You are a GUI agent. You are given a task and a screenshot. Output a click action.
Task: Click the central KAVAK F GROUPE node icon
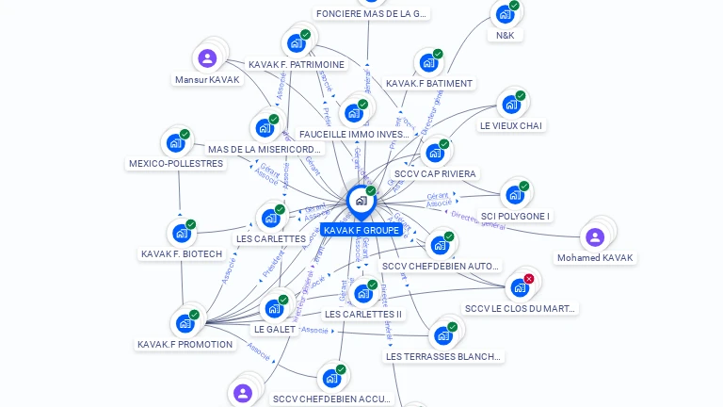(x=361, y=201)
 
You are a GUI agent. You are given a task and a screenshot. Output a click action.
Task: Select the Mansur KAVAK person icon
(x=207, y=58)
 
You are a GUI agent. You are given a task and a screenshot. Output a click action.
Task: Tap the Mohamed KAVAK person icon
(x=594, y=237)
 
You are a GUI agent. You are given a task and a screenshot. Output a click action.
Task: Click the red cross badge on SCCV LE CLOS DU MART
(x=529, y=279)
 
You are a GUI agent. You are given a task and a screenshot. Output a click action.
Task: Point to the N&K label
(x=506, y=36)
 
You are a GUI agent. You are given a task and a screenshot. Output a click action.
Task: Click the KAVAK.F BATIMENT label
(x=429, y=84)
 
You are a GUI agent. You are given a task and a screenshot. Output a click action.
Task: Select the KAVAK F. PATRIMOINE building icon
(x=296, y=43)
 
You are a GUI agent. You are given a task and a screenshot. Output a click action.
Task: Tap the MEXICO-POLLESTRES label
(x=176, y=164)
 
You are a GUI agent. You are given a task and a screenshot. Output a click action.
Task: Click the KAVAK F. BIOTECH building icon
(x=180, y=233)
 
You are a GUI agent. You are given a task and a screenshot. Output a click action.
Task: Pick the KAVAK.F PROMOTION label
(x=185, y=345)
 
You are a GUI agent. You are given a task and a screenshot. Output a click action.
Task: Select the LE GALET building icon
(x=273, y=308)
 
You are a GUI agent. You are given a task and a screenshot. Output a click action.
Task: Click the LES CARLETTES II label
(x=362, y=315)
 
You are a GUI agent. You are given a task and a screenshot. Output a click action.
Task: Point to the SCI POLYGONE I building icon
(x=514, y=195)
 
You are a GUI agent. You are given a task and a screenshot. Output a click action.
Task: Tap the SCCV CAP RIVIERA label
(x=436, y=174)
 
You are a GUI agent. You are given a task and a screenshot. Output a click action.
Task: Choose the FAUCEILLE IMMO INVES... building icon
(x=353, y=113)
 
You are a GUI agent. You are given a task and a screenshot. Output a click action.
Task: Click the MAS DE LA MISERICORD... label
(x=265, y=150)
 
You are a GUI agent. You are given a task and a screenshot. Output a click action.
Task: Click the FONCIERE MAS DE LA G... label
(x=371, y=14)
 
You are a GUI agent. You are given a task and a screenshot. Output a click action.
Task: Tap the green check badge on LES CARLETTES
(x=281, y=209)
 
